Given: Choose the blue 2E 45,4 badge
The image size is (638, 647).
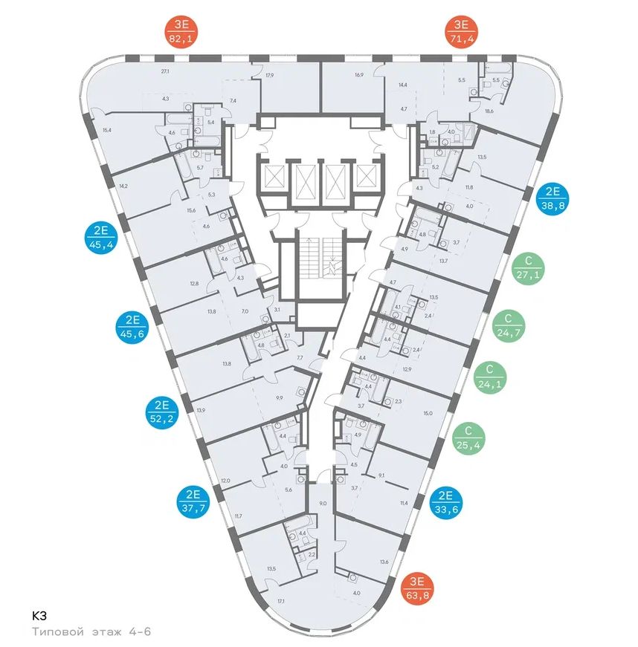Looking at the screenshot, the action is tap(103, 237).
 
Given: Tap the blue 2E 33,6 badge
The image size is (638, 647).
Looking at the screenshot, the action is tap(447, 501).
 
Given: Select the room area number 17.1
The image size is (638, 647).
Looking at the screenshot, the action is tap(280, 600).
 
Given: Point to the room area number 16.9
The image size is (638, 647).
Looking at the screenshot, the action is tap(359, 74).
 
